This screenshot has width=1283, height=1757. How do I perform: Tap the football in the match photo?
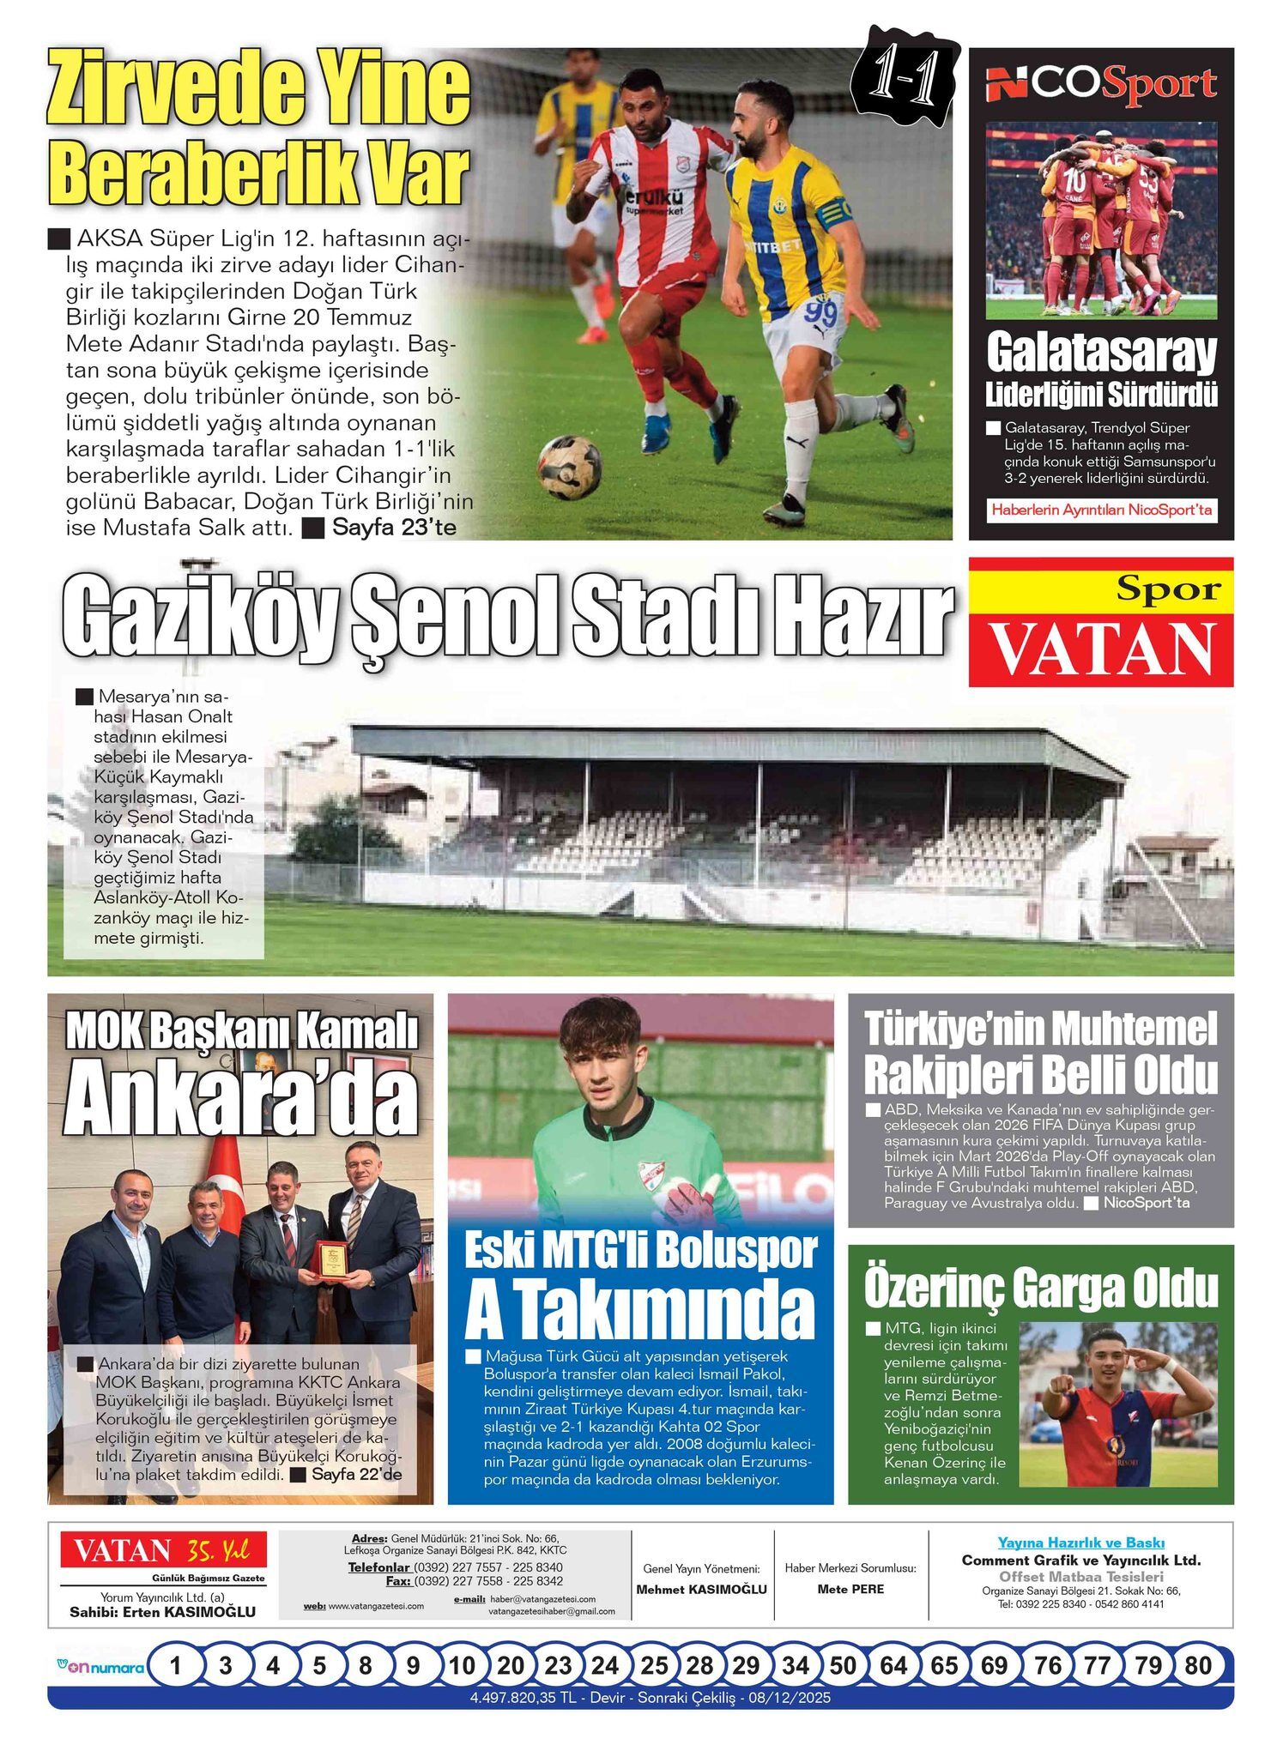[570, 467]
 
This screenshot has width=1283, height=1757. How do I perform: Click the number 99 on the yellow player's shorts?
[821, 313]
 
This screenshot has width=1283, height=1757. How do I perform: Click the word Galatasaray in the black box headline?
[1101, 353]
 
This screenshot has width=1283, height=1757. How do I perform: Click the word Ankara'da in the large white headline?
[241, 1100]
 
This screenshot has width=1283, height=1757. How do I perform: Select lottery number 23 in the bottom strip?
[558, 1666]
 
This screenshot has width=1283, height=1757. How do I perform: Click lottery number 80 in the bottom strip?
[1197, 1666]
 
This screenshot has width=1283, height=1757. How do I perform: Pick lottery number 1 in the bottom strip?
[176, 1666]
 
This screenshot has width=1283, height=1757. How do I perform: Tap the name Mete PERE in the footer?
[850, 1589]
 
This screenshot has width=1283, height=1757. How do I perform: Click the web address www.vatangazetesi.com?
[376, 1606]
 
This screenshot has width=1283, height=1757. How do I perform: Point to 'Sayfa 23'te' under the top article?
[394, 527]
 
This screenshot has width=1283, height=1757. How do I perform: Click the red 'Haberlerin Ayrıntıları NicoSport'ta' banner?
[1101, 510]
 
